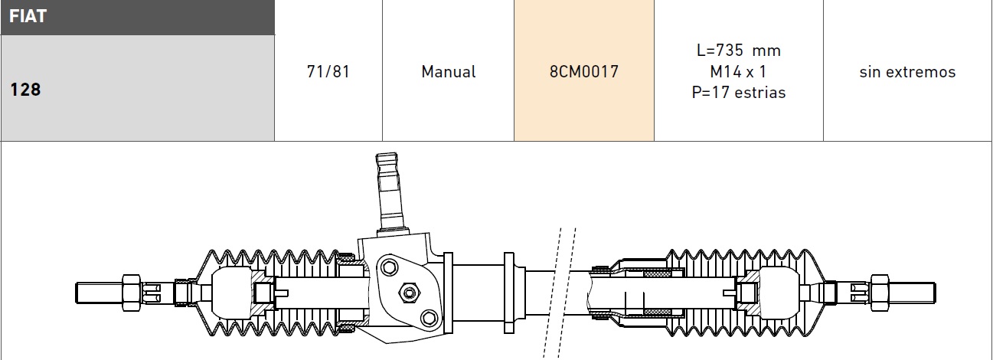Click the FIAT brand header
coord(28,16)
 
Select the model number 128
coord(25,90)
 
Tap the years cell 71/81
coord(328,72)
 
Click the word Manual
coord(448,72)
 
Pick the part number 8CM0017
coord(584,72)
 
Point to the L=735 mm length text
coord(738,51)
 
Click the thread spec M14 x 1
coord(738,72)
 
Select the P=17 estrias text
coord(738,93)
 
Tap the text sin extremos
coord(907,72)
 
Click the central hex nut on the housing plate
coord(407,291)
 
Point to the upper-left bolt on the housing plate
coord(390,267)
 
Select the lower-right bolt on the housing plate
coord(428,316)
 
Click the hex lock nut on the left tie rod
coord(131,292)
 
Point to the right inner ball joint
coord(779,292)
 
